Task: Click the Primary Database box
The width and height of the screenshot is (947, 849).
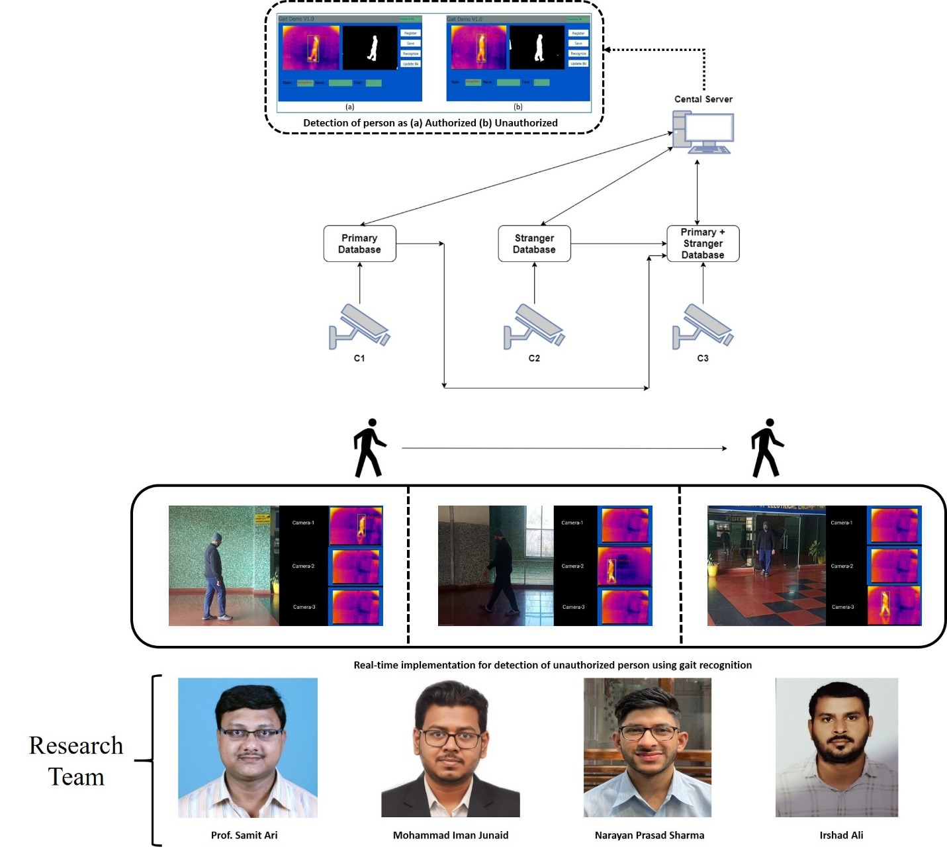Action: point(359,244)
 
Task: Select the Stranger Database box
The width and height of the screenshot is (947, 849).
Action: point(534,244)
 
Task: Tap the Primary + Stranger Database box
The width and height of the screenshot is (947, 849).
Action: point(703,244)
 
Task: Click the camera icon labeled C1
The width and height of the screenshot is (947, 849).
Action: point(360,326)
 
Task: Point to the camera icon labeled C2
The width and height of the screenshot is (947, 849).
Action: point(533,326)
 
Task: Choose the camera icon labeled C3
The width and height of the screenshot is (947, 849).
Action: point(703,326)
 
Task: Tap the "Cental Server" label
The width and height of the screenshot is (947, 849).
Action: point(703,99)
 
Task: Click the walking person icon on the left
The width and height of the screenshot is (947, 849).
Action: point(369,448)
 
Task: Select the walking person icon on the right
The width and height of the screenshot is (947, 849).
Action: point(766,448)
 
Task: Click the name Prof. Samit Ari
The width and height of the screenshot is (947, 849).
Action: point(244,835)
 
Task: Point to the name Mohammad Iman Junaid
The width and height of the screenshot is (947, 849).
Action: point(451,835)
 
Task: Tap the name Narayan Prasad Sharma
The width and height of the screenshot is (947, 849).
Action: point(649,835)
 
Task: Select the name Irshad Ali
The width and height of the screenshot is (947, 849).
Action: point(841,835)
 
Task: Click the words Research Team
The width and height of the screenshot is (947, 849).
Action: point(76,761)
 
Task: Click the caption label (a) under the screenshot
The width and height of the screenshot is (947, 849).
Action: point(349,107)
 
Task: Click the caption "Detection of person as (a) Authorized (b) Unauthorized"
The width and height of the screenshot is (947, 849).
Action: point(430,123)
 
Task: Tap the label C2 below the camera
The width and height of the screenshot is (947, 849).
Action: point(534,358)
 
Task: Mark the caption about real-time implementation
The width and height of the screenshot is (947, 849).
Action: point(553,665)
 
